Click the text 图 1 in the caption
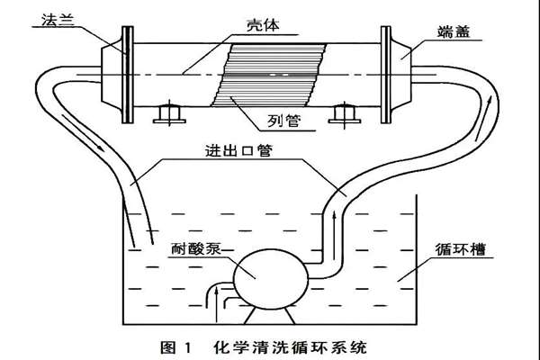click(180, 344)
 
